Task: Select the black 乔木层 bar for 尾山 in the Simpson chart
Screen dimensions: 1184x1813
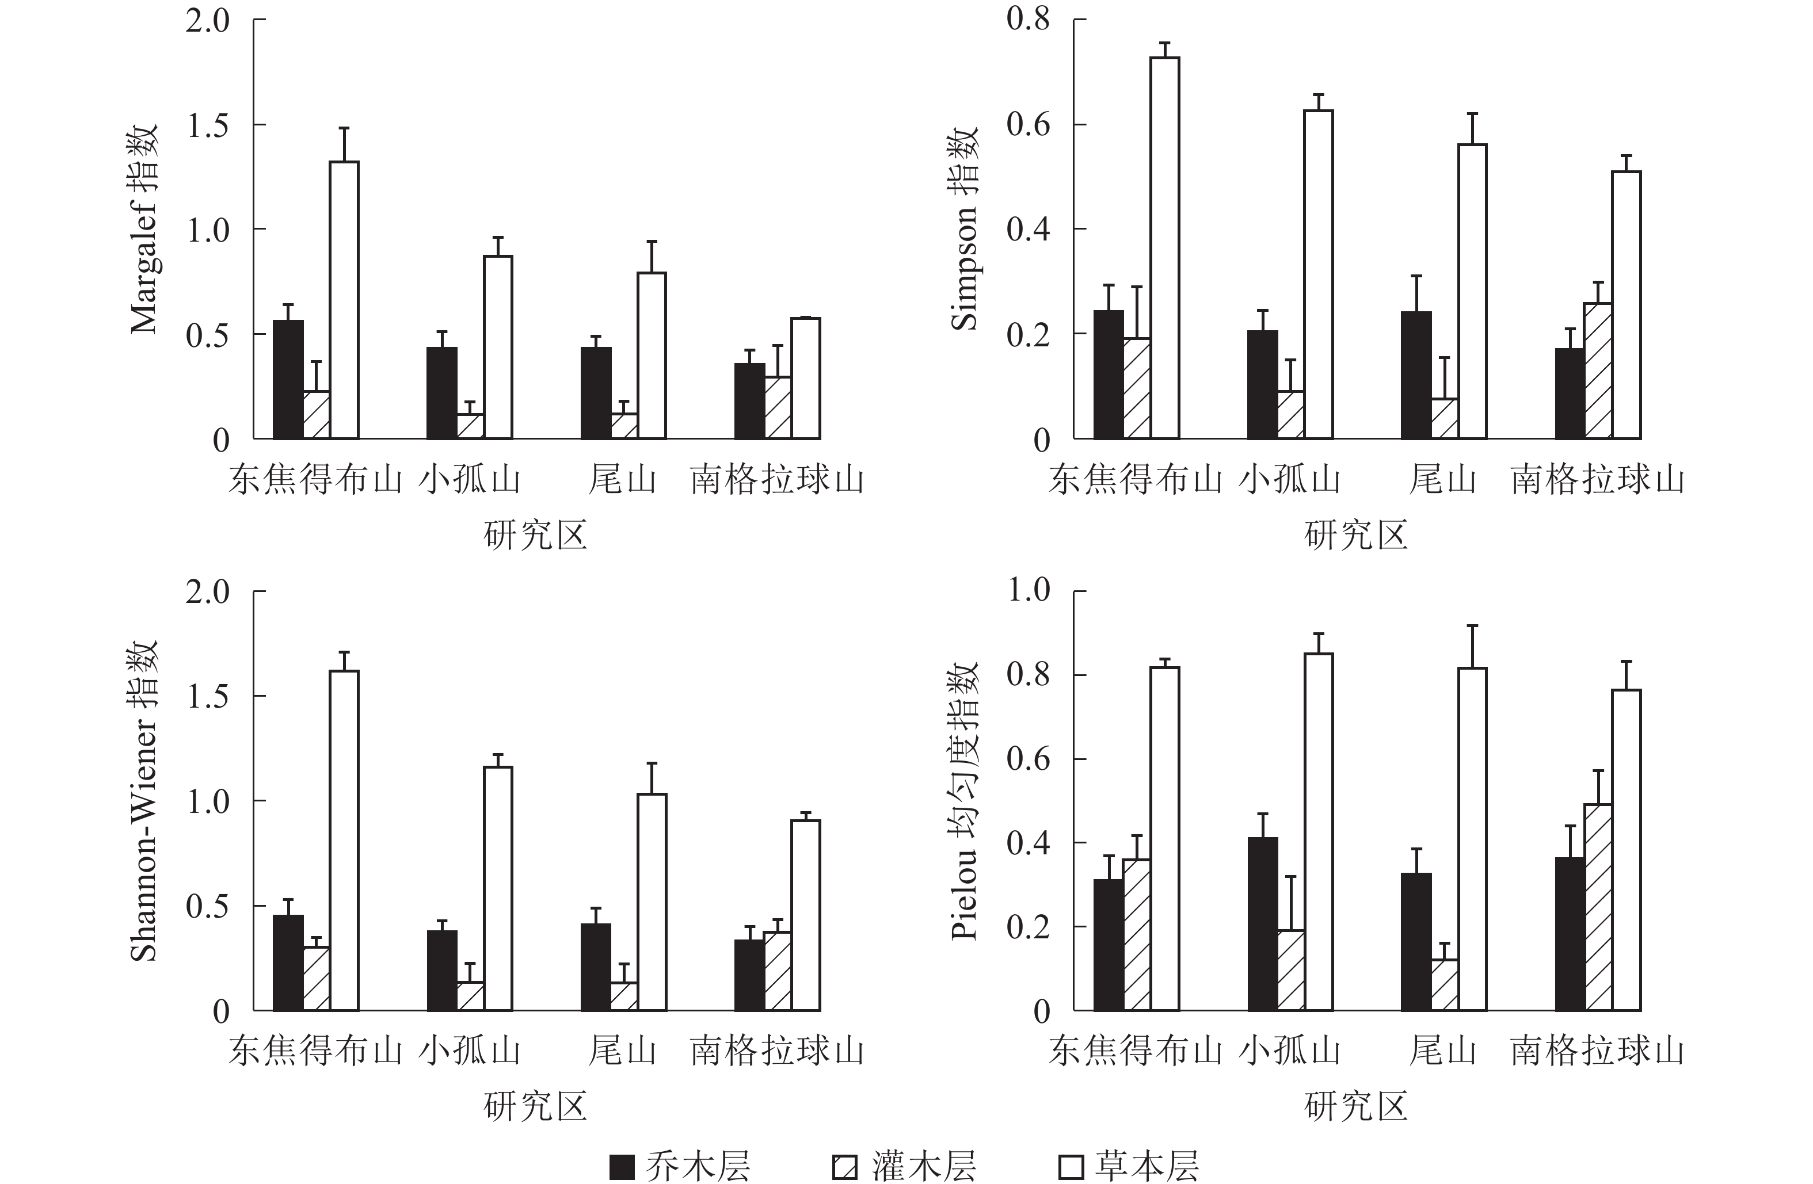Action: (x=1415, y=375)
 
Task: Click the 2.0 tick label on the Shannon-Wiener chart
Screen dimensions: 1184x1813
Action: (x=207, y=591)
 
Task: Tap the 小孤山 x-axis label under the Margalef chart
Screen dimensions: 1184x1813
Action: (x=469, y=480)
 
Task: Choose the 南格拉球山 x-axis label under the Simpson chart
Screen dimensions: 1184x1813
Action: (x=1597, y=480)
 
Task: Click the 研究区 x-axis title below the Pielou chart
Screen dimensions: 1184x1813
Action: (x=1356, y=1106)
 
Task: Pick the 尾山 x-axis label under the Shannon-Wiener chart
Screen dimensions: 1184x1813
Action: (x=622, y=1052)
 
